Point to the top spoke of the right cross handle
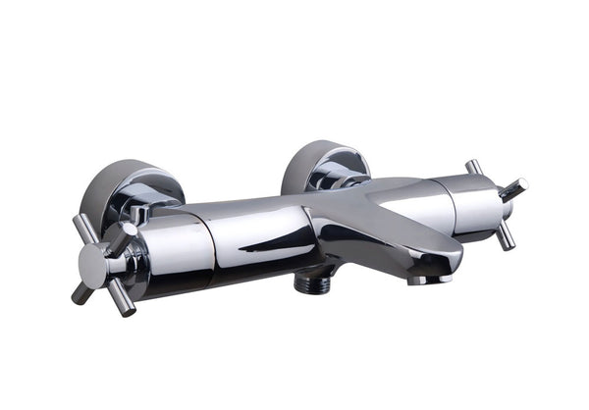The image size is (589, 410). [x=474, y=169]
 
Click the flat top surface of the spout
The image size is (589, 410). [x=393, y=221]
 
